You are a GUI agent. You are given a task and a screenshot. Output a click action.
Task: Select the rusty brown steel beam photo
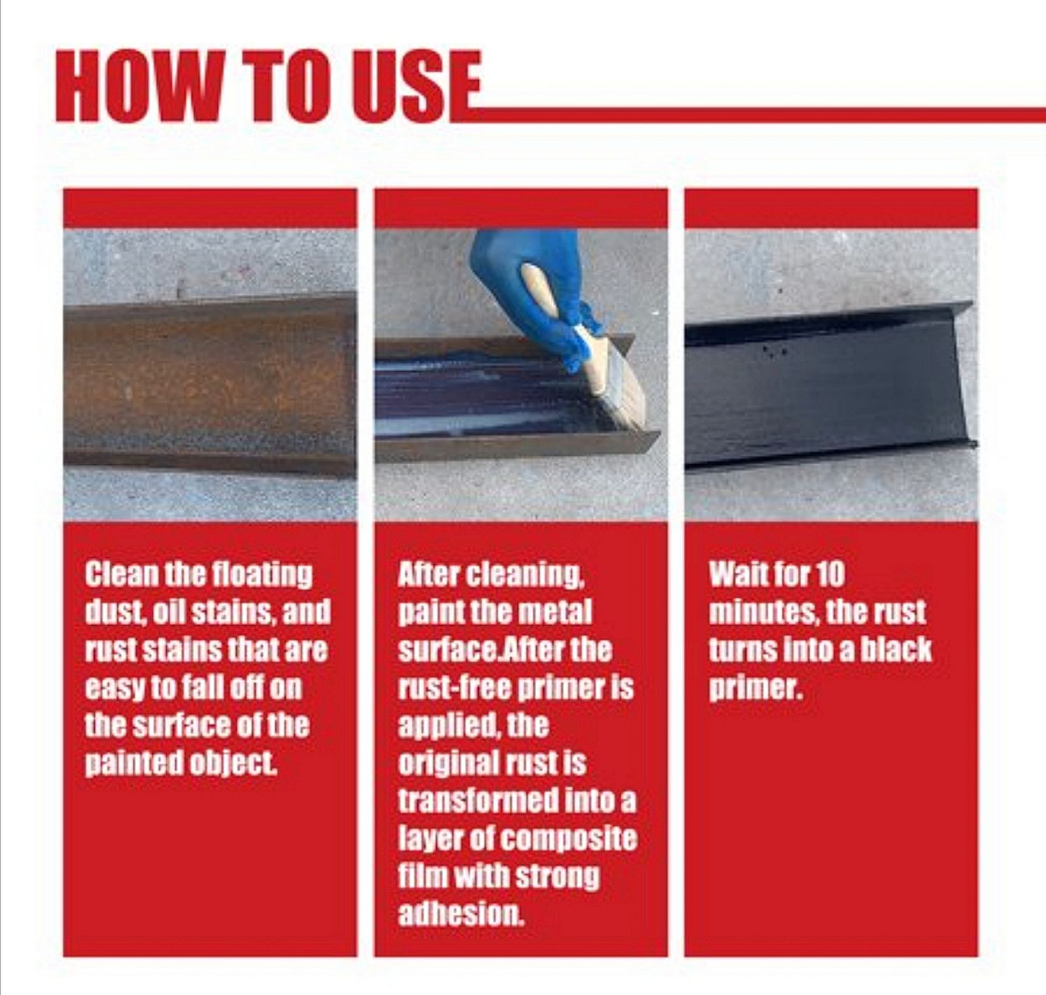210,375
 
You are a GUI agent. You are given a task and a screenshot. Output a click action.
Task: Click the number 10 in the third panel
830,574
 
